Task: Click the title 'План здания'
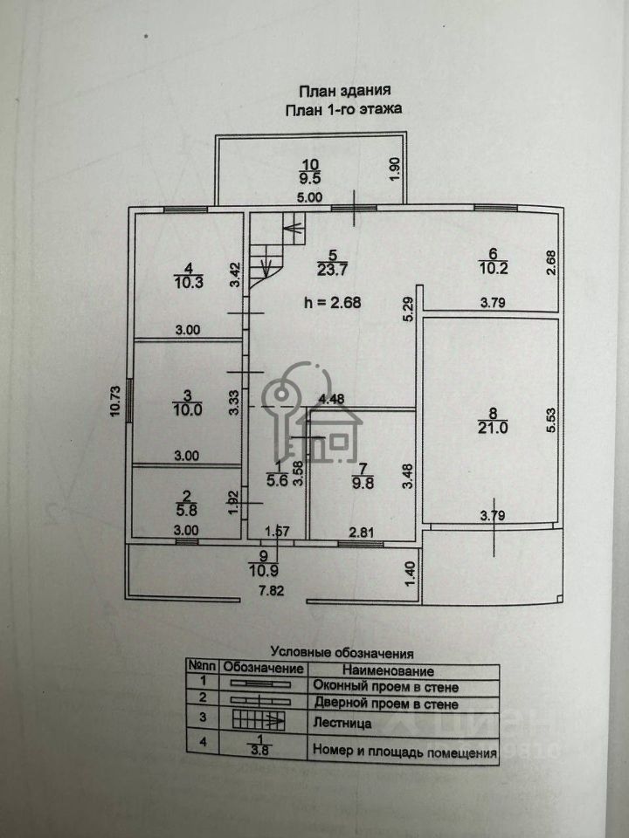(344, 91)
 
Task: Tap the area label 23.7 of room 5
(332, 270)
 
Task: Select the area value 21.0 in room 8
(493, 428)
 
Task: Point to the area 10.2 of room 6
(493, 268)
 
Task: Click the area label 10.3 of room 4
(189, 282)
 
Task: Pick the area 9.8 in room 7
(363, 483)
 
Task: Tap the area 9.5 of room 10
(310, 178)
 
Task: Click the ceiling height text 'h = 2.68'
(332, 303)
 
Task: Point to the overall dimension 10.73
(115, 402)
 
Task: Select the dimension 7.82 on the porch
(271, 591)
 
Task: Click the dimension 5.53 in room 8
(551, 420)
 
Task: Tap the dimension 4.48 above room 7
(332, 399)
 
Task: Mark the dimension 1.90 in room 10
(395, 168)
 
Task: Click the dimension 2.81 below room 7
(362, 532)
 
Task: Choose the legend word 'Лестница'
(342, 725)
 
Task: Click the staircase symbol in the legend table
(259, 720)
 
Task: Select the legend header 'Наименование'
(388, 670)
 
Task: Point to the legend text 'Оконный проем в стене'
(385, 686)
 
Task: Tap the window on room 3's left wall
(129, 401)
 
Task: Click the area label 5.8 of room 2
(186, 511)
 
